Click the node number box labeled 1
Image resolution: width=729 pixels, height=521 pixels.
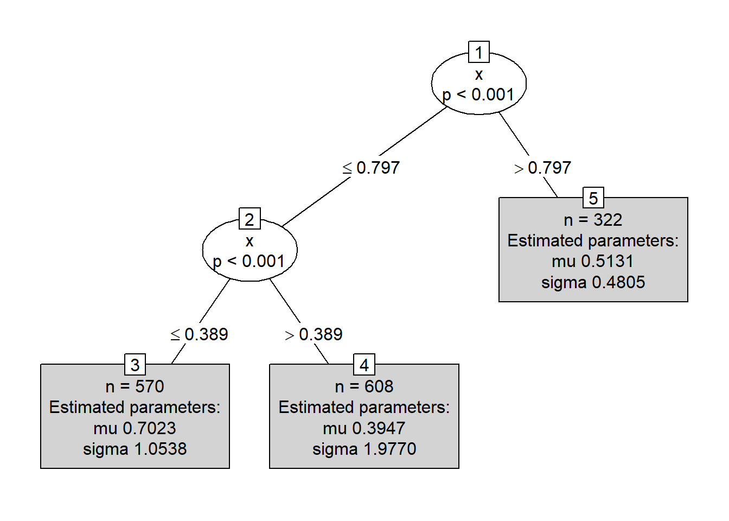pyautogui.click(x=479, y=53)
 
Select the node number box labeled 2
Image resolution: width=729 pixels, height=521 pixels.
pyautogui.click(x=250, y=219)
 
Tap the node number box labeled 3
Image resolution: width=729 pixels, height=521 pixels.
pyautogui.click(x=135, y=365)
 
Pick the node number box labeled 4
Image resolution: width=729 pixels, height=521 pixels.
pyautogui.click(x=364, y=365)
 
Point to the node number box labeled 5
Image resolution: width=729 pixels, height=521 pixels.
pyautogui.click(x=593, y=198)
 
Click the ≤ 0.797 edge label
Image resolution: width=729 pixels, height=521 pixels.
pyautogui.click(x=372, y=168)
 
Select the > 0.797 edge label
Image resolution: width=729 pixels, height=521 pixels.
pyautogui.click(x=543, y=168)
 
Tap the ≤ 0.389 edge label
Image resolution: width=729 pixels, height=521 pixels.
pyautogui.click(x=200, y=334)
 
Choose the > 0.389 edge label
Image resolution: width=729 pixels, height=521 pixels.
pyautogui.click(x=314, y=334)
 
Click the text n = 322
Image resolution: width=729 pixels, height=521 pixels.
pyautogui.click(x=593, y=220)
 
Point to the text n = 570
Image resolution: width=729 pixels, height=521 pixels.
pyautogui.click(x=135, y=386)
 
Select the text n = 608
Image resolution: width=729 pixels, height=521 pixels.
pyautogui.click(x=364, y=386)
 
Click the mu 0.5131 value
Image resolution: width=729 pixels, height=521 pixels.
pyautogui.click(x=593, y=262)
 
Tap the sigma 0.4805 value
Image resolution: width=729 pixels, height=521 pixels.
pyautogui.click(x=593, y=282)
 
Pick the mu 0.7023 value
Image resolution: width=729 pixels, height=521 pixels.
pyautogui.click(x=135, y=428)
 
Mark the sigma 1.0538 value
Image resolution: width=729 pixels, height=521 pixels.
pyautogui.click(x=135, y=449)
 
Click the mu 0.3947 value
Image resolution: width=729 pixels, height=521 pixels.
pyautogui.click(x=364, y=428)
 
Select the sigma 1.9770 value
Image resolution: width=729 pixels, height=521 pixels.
pyautogui.click(x=364, y=449)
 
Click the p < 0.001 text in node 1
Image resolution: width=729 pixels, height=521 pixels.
pyautogui.click(x=478, y=94)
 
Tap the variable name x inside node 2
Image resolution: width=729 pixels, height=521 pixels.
pyautogui.click(x=250, y=240)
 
